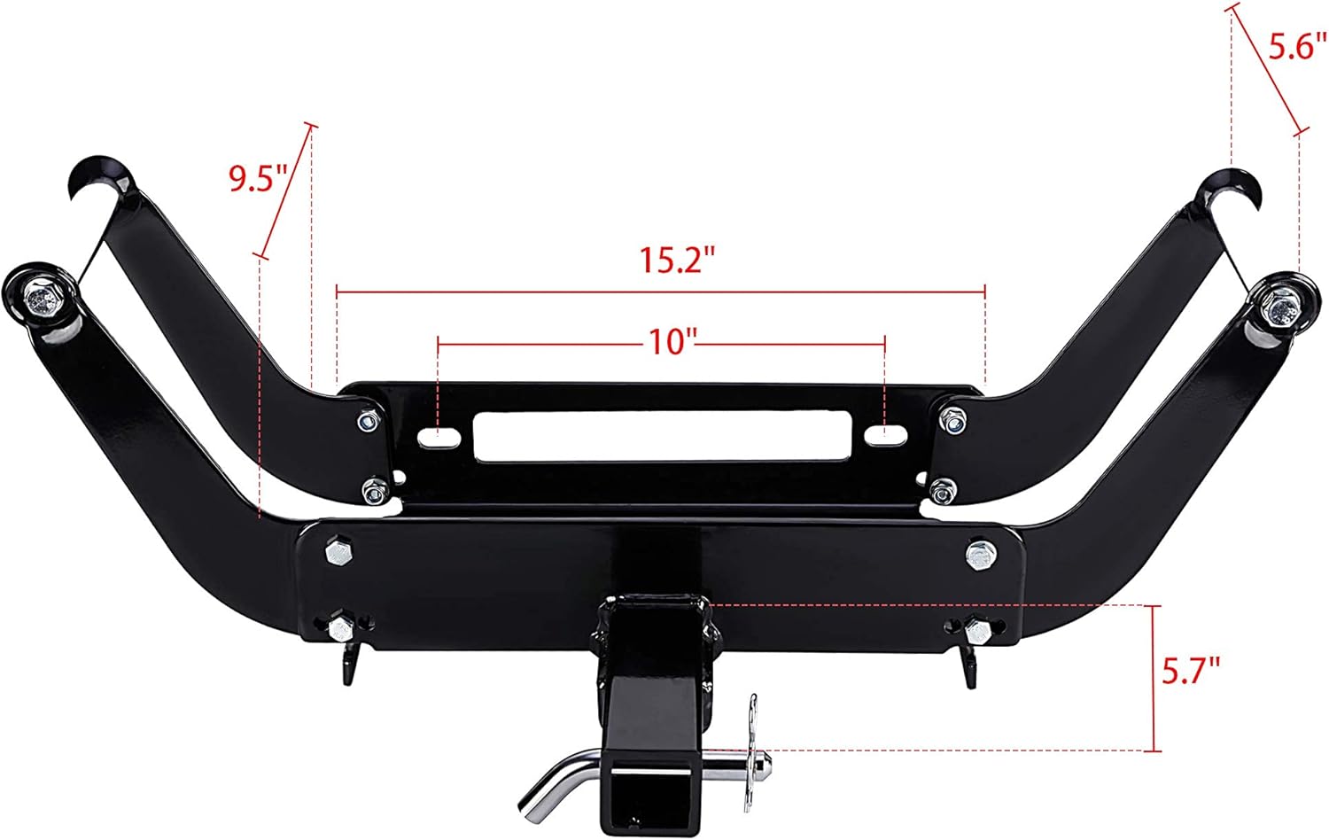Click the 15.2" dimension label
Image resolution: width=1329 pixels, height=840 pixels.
tap(677, 261)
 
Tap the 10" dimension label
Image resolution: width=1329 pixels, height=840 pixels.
tap(668, 341)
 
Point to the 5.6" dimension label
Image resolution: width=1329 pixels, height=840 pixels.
tap(1292, 46)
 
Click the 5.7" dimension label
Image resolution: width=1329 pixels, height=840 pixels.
tap(1191, 671)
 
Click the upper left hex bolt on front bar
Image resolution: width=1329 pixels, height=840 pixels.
tap(338, 553)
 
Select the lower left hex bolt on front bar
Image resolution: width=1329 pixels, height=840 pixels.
tap(340, 629)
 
